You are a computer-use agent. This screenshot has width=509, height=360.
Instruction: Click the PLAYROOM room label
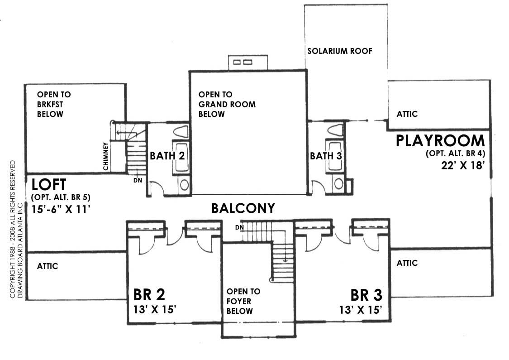[x=440, y=140]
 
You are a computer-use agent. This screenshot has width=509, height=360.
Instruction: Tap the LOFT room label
[x=49, y=185]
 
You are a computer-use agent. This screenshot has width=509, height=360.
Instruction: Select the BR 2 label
[x=149, y=295]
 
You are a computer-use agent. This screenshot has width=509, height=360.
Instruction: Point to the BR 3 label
[x=366, y=295]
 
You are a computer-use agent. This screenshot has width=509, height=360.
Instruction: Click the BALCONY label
[x=243, y=208]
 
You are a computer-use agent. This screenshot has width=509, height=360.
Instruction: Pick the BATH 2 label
[x=167, y=156]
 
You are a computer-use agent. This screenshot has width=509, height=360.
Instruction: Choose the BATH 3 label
[x=325, y=156]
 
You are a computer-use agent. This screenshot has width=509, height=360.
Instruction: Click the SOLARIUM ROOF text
[x=340, y=51]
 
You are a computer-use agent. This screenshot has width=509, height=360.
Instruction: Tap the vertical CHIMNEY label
[x=105, y=157]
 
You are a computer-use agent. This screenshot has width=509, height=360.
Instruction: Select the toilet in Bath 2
[x=181, y=132]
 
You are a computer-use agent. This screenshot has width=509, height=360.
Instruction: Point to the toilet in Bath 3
[x=335, y=130]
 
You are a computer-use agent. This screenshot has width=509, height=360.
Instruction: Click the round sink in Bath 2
[x=184, y=185]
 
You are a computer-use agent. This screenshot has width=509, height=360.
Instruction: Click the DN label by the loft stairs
[x=137, y=180]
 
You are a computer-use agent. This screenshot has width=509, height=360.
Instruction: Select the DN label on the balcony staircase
[x=239, y=227]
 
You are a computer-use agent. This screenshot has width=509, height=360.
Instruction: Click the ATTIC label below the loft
[x=48, y=266]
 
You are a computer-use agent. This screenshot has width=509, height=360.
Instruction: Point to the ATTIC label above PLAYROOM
[x=407, y=114]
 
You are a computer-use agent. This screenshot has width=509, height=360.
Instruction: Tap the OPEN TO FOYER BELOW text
[x=243, y=301]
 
